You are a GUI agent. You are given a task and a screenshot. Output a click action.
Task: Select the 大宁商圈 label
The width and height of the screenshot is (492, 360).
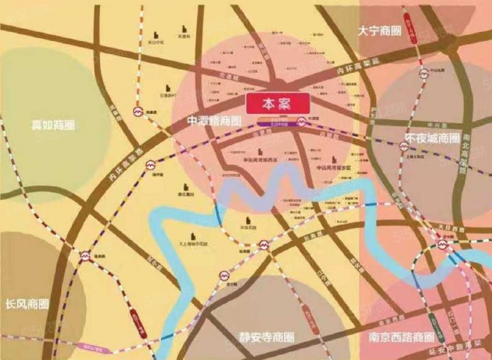[379, 31]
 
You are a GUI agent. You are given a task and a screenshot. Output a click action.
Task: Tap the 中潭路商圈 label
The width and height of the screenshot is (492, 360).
[215, 120]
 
